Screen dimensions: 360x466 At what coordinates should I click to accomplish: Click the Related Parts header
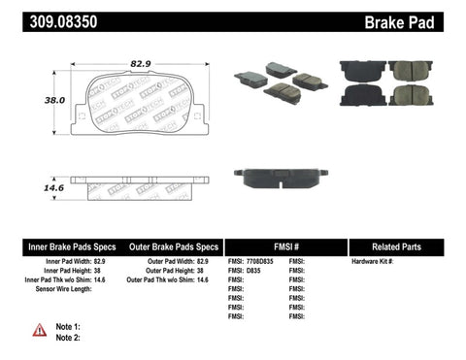pyautogui.click(x=406, y=247)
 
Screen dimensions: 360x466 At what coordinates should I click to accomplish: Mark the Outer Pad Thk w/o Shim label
pyautogui.click(x=169, y=280)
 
